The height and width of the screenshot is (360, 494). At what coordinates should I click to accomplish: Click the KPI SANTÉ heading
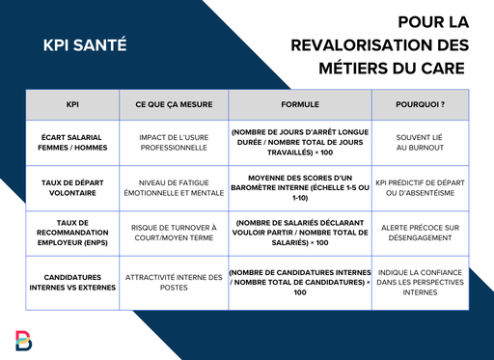(85, 44)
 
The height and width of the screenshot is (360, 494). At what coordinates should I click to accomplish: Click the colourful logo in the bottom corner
(24, 340)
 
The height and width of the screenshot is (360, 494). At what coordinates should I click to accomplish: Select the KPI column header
(73, 103)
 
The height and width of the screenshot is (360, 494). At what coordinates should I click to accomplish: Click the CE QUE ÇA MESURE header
(172, 103)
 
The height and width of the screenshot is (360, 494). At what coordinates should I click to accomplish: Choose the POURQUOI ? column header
(420, 103)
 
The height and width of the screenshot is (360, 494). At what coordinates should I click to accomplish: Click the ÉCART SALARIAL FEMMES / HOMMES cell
(73, 142)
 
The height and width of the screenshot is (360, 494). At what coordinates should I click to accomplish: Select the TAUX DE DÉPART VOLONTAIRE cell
(73, 187)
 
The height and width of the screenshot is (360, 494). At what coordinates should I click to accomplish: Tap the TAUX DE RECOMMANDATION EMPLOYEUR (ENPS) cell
(73, 234)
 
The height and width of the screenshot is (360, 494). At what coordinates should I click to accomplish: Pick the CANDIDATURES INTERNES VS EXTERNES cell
(73, 283)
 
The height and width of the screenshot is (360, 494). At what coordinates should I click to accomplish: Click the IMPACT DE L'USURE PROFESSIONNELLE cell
(172, 142)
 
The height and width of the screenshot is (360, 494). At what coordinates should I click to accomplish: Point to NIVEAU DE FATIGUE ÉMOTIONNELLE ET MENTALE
(172, 187)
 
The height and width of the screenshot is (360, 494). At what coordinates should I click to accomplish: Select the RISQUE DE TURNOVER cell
(172, 234)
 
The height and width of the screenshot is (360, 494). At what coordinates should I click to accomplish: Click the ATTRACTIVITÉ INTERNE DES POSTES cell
(172, 283)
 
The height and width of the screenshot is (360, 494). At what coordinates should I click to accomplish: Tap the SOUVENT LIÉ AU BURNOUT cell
(420, 142)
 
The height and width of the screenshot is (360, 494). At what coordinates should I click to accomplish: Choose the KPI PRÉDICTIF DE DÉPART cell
(420, 187)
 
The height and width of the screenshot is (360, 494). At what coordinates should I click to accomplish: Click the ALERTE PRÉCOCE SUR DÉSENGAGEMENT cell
(420, 234)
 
